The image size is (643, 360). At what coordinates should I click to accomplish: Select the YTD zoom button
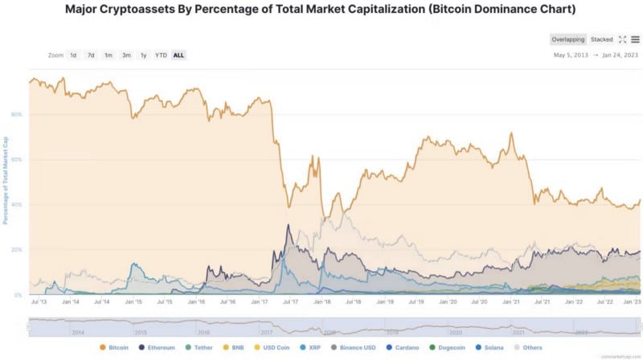161,55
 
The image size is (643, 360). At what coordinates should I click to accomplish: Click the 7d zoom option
91,55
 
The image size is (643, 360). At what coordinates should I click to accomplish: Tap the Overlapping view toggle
567,39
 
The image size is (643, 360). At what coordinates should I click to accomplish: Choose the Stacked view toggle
601,39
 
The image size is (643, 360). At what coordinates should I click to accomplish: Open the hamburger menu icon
635,39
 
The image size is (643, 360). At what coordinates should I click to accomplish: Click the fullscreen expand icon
622,39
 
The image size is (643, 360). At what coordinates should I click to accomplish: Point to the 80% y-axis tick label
17,114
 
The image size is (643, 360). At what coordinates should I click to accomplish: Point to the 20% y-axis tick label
17,250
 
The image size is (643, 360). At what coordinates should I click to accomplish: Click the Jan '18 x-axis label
321,302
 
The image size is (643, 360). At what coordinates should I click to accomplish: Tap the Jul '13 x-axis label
36,302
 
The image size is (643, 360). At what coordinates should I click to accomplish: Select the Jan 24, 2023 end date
620,55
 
